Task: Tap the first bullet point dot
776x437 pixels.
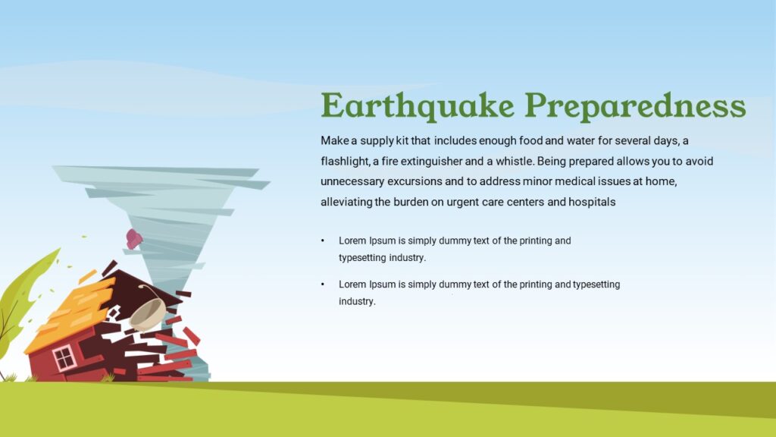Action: (322, 241)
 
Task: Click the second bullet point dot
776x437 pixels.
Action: (322, 285)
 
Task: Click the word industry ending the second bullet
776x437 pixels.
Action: (356, 301)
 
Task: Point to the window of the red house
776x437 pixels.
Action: (64, 357)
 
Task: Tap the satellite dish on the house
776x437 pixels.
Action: (147, 313)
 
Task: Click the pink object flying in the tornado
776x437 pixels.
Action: (134, 239)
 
